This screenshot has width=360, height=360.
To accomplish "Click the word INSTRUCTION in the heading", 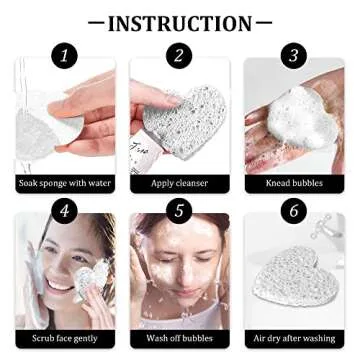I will pyautogui.click(x=180, y=22).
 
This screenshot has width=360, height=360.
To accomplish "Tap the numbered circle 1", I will pyautogui.click(x=65, y=56).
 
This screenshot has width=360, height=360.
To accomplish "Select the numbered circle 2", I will pyautogui.click(x=180, y=56).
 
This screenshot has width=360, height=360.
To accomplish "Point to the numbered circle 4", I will pyautogui.click(x=65, y=211).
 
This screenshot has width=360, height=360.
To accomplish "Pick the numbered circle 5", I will pyautogui.click(x=180, y=211).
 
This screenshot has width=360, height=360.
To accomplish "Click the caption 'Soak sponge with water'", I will pyautogui.click(x=65, y=183).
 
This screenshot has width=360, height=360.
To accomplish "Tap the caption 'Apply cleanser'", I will pyautogui.click(x=180, y=183).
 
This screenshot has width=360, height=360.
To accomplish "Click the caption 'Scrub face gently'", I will pyautogui.click(x=65, y=338).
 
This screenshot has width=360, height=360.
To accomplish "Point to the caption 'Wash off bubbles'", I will pyautogui.click(x=180, y=338).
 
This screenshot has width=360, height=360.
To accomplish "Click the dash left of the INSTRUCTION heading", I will pyautogui.click(x=95, y=22).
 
